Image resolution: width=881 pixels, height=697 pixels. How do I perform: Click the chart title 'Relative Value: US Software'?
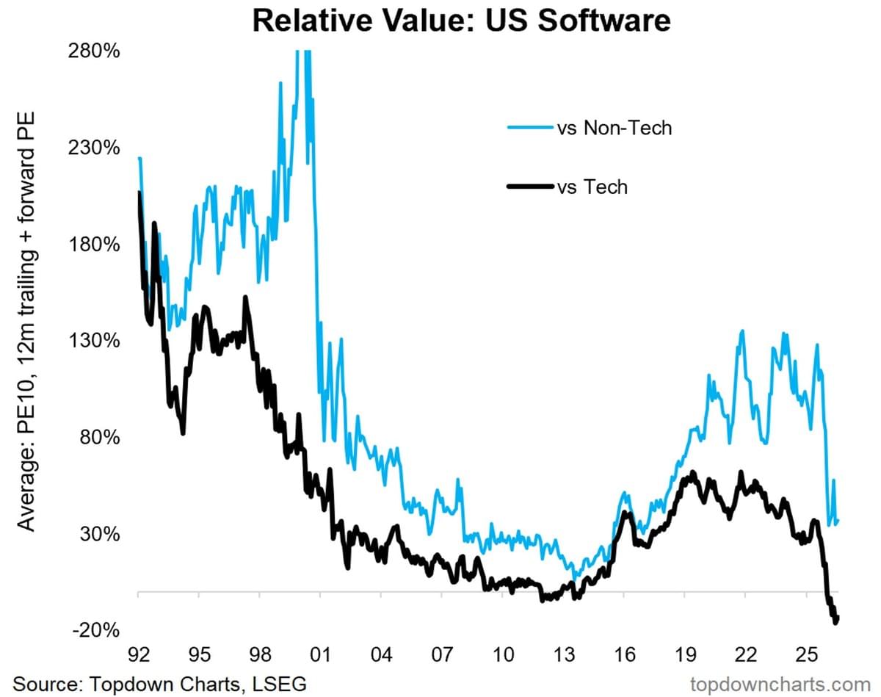tap(461, 21)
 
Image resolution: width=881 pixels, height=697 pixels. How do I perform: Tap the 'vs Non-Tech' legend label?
tap(614, 128)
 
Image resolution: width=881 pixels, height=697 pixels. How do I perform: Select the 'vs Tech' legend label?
tap(592, 187)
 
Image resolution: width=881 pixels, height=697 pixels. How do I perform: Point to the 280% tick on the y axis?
tap(94, 52)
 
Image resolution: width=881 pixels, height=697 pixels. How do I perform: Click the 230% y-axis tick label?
tap(94, 148)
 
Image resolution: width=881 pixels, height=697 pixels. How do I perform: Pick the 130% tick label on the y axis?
tap(94, 341)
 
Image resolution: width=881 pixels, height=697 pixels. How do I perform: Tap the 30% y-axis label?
tap(100, 534)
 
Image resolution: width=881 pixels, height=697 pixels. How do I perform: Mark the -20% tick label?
tap(96, 630)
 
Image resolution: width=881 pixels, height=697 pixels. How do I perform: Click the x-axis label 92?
tap(138, 655)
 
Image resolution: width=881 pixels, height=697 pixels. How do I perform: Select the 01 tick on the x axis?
tap(320, 655)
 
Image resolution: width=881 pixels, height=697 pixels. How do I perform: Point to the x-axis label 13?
tap(563, 655)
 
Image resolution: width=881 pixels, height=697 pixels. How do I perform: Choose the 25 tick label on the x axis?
tap(806, 655)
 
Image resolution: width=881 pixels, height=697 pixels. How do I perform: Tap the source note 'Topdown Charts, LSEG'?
tap(197, 684)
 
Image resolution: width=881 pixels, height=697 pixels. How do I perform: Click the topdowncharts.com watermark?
tap(780, 685)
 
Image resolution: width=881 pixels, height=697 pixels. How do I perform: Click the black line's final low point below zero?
tap(835, 624)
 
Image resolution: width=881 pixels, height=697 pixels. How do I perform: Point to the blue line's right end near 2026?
tap(838, 521)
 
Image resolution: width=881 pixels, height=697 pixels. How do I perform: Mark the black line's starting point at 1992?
tap(139, 192)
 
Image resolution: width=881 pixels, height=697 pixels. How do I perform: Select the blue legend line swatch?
tap(530, 127)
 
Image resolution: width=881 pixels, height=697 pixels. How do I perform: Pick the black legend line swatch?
tap(530, 187)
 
